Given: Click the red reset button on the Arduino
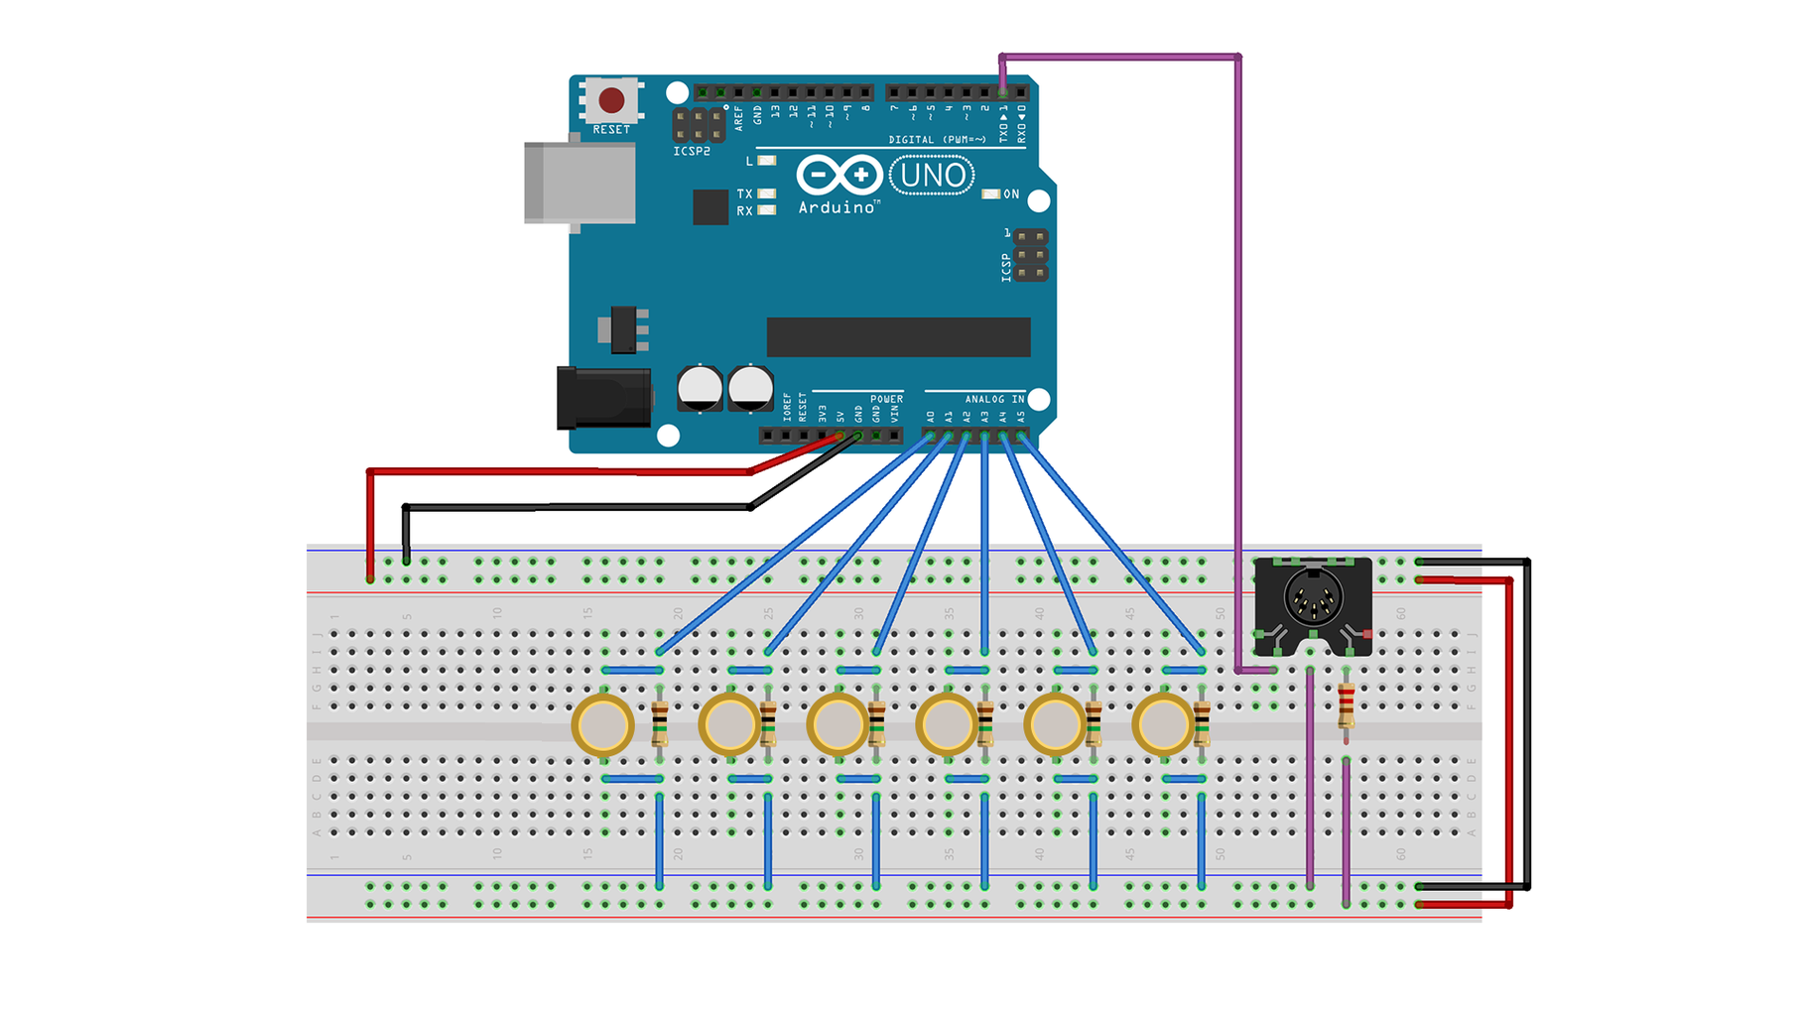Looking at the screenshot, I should coord(611,100).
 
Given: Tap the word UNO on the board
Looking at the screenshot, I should coord(933,176).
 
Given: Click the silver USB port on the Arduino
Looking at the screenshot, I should coord(580,183).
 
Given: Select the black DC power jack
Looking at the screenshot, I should coord(603,398).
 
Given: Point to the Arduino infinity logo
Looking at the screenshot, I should coord(838,176).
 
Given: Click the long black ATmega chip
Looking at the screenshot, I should coord(898,337).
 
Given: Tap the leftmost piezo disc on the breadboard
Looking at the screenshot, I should coord(602,725).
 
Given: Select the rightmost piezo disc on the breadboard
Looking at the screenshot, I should coord(1162,725).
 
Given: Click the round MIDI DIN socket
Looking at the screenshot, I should coord(1313,598).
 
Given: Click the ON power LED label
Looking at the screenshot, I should coord(1011,194).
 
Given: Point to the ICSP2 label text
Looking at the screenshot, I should coord(692,152).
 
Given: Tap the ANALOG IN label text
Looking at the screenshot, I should coord(994,399).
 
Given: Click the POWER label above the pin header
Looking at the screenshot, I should coord(886,399).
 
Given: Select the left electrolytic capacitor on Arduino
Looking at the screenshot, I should coord(700,388).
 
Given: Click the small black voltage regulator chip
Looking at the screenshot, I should coord(624,329).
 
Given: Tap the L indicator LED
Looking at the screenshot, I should coord(766,161).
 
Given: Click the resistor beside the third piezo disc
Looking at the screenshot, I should coord(876,724).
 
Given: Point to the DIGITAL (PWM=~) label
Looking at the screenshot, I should coord(937,140).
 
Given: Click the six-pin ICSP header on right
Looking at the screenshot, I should coord(1031,255).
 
